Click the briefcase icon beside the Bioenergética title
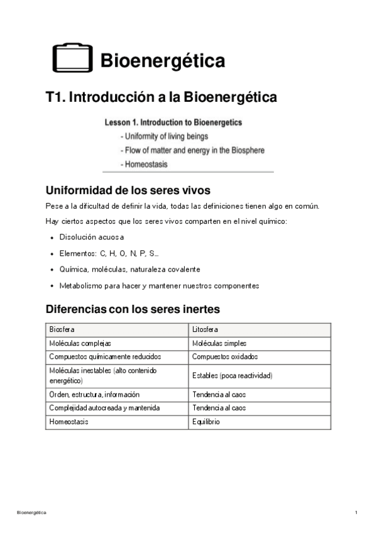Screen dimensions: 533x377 [72, 58]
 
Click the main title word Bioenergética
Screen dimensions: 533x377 [163, 61]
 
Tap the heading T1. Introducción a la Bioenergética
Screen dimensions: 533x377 [161, 97]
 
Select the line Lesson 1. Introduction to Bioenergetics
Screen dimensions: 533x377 [173, 123]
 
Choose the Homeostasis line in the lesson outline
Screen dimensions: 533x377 [146, 165]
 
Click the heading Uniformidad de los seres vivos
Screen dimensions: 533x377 [128, 190]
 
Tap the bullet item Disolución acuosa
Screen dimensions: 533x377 [92, 237]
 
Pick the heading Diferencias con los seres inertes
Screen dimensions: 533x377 [133, 309]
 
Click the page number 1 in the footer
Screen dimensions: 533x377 [356, 514]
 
